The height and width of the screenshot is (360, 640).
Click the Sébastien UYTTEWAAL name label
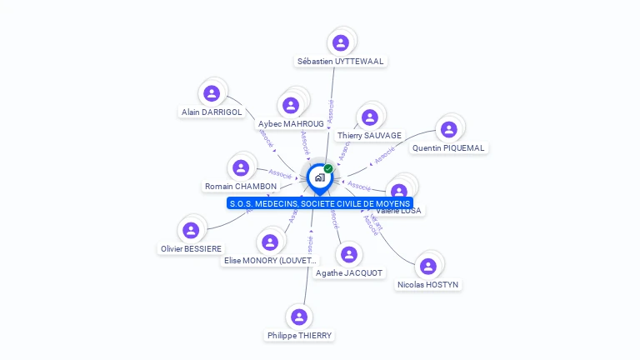pyautogui.click(x=342, y=61)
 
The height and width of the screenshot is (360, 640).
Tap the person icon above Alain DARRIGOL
pyautogui.click(x=212, y=93)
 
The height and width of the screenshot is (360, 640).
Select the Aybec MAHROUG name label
pyautogui.click(x=291, y=123)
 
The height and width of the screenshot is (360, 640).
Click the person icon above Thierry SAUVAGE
pyautogui.click(x=369, y=117)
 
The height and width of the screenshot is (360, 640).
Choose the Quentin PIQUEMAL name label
pyautogui.click(x=448, y=147)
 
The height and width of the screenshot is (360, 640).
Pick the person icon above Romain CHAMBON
pyautogui.click(x=241, y=168)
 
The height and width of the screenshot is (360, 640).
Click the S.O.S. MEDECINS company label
pyautogui.click(x=320, y=203)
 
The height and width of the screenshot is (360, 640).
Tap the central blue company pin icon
pyautogui.click(x=319, y=177)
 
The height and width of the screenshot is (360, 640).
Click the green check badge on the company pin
pyautogui.click(x=328, y=169)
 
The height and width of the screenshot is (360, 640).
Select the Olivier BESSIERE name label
pyautogui.click(x=192, y=248)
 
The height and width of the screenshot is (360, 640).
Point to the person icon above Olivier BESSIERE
pyautogui.click(x=191, y=230)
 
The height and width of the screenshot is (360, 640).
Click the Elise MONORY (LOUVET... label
pyautogui.click(x=270, y=260)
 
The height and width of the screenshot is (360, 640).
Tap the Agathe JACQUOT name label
pyautogui.click(x=349, y=272)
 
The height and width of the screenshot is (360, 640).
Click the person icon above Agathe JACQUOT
pyautogui.click(x=349, y=254)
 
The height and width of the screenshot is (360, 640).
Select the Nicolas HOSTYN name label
pyautogui.click(x=428, y=284)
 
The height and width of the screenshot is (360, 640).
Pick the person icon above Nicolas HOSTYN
pyautogui.click(x=428, y=266)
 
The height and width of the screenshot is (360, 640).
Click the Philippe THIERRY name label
pyautogui.click(x=299, y=335)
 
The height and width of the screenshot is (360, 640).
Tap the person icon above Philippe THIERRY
pyautogui.click(x=299, y=317)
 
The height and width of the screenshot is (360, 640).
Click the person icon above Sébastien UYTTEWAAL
pyautogui.click(x=340, y=42)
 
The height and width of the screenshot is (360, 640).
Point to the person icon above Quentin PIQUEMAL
pyautogui.click(x=448, y=129)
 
